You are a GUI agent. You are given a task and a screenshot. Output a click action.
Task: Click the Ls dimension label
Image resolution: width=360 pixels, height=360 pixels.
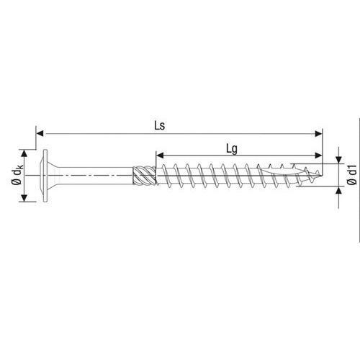[x=160, y=126]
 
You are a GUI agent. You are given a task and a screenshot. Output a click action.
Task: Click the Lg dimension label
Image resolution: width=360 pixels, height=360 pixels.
[x=232, y=149]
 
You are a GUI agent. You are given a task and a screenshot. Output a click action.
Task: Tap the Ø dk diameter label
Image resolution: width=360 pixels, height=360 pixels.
[x=17, y=176]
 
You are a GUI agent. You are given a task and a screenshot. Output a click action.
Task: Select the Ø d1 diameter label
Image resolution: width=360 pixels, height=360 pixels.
[x=352, y=175]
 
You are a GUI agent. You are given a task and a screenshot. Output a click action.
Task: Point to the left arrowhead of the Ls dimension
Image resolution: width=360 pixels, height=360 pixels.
[x=40, y=134]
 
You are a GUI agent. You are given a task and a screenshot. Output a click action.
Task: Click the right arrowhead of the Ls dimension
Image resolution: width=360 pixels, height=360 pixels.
[x=318, y=134]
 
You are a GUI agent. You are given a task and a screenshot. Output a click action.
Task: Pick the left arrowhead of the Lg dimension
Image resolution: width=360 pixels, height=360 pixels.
[x=160, y=156]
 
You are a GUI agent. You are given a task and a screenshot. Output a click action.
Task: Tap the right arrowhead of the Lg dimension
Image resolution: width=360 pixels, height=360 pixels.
[x=318, y=156]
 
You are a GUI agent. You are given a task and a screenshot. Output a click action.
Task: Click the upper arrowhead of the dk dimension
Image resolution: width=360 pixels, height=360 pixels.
[x=24, y=153]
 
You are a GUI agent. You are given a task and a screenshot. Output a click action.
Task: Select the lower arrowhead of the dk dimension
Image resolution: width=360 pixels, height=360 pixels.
[x=24, y=198]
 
